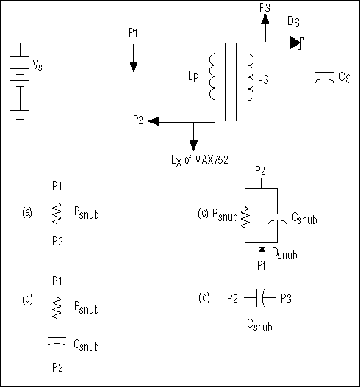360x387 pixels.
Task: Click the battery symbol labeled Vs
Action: (x=21, y=67)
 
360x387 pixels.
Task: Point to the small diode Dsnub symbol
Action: (x=262, y=252)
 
